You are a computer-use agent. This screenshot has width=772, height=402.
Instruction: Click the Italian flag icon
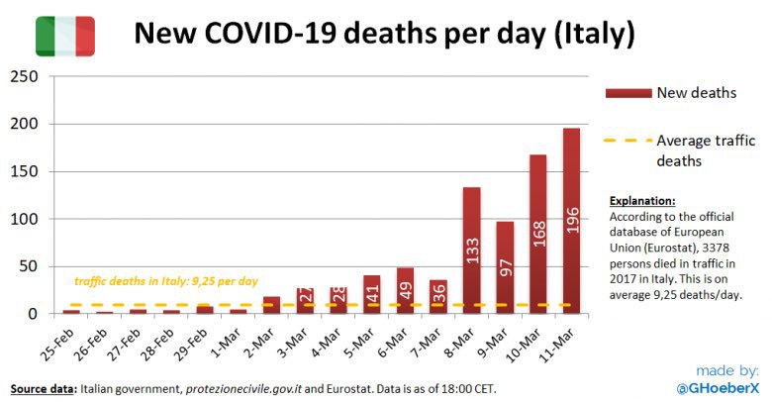pos(65,36)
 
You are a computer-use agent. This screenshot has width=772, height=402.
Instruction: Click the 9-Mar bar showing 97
pos(505,267)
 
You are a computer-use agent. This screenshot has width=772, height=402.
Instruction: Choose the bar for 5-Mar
pos(371,294)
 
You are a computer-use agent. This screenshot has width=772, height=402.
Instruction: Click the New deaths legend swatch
pos(627,93)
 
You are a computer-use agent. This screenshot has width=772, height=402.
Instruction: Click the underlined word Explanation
pos(642,200)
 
